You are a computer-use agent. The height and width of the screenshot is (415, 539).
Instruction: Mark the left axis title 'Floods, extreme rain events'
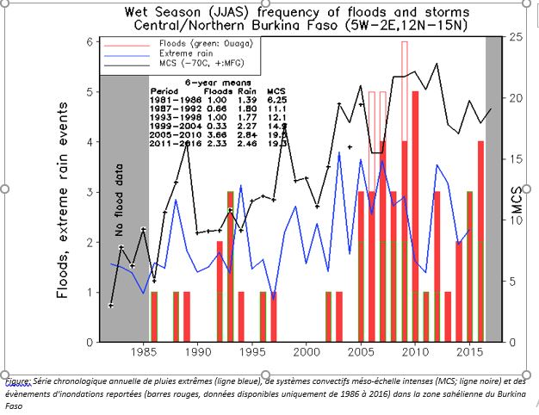click(63, 208)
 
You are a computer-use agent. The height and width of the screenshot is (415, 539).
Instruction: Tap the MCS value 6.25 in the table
click(276, 100)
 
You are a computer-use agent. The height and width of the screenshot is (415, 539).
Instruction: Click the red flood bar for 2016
click(480, 241)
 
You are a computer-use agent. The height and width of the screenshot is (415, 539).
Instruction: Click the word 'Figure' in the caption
click(17, 380)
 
